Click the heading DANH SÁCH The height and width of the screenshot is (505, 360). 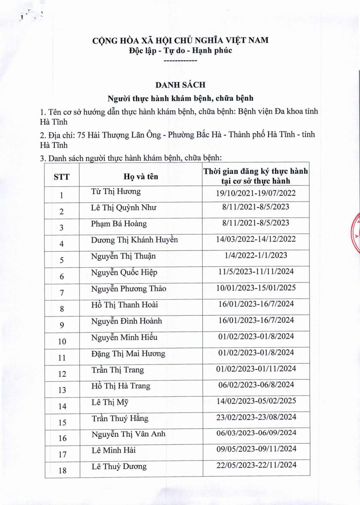pyautogui.click(x=180, y=85)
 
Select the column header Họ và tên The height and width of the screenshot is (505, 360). pyautogui.click(x=141, y=176)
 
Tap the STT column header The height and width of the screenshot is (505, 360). pyautogui.click(x=61, y=177)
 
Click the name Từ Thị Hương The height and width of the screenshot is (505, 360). pyautogui.click(x=116, y=191)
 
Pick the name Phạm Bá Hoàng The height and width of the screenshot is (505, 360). pyautogui.click(x=119, y=223)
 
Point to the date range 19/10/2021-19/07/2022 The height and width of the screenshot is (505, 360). pyautogui.click(x=256, y=193)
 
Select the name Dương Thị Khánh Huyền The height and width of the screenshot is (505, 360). pyautogui.click(x=135, y=240)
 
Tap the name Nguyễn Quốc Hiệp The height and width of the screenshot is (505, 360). pyautogui.click(x=124, y=272)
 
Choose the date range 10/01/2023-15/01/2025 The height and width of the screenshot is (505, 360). pyautogui.click(x=256, y=288)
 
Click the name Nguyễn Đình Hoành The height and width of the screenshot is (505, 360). pyautogui.click(x=127, y=321)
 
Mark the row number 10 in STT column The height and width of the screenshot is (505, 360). pyautogui.click(x=62, y=341)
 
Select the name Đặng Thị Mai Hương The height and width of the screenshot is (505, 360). pyautogui.click(x=128, y=353)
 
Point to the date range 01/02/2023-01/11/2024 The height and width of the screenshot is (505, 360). pyautogui.click(x=256, y=369)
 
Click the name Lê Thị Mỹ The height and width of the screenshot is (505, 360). pyautogui.click(x=110, y=402)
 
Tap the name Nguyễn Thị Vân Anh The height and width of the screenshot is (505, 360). pyautogui.click(x=128, y=434)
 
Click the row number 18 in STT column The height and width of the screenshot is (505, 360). pyautogui.click(x=62, y=470)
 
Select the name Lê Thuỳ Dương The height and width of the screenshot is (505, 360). pyautogui.click(x=119, y=466)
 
